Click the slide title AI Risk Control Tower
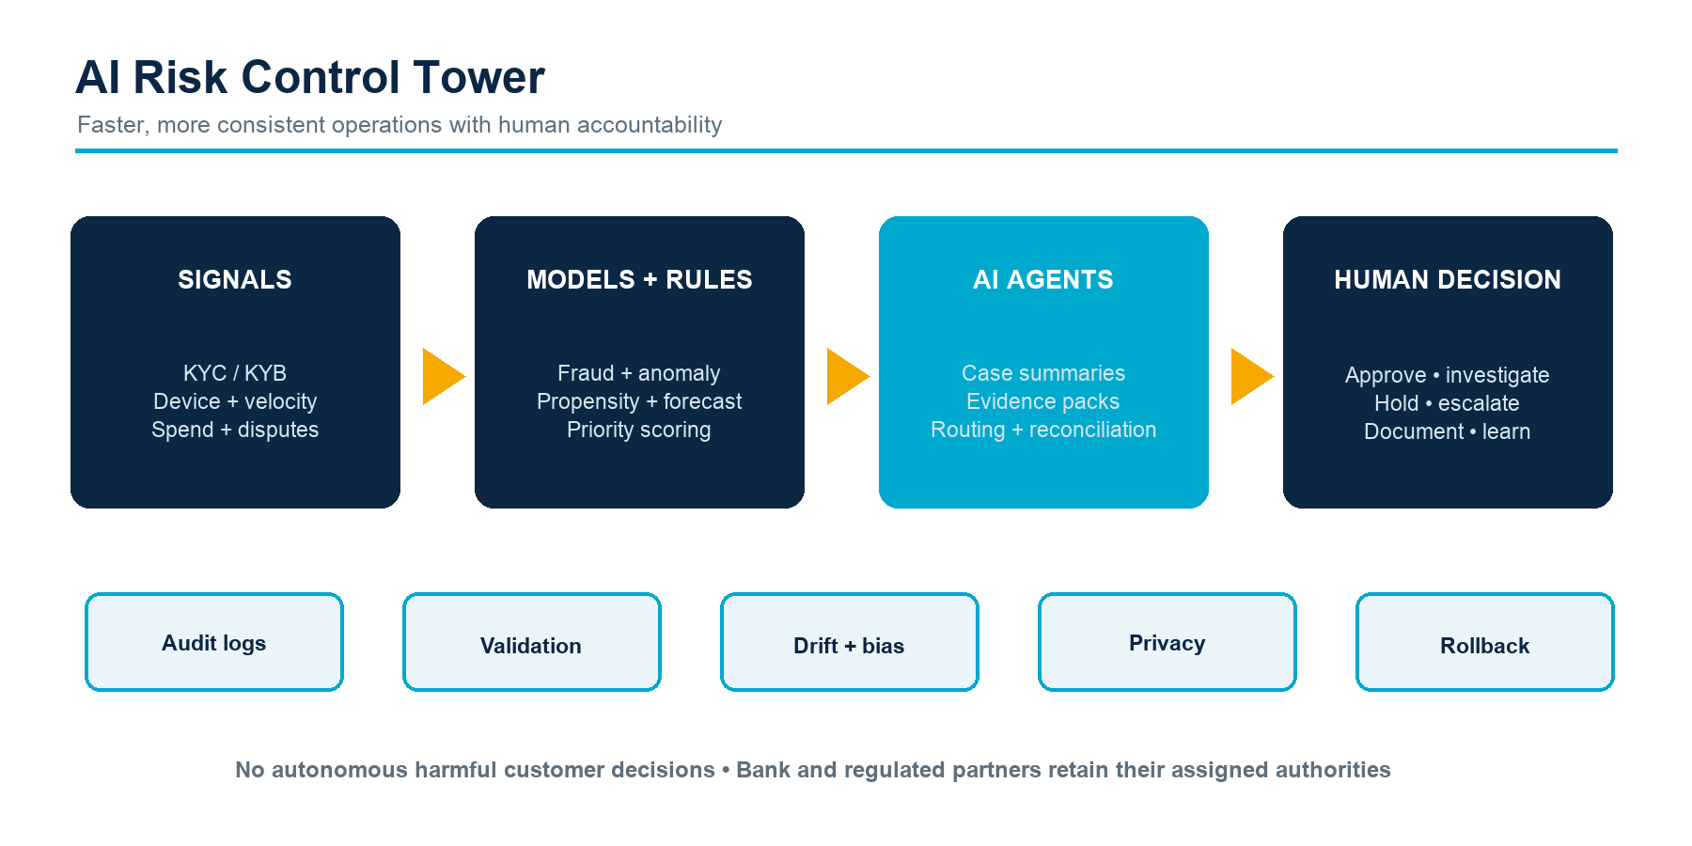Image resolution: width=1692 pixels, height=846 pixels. point(310,77)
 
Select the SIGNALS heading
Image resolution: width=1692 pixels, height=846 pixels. point(235,279)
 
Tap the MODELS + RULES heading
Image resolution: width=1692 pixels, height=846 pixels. point(639,279)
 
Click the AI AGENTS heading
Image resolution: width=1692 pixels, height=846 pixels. point(1043,279)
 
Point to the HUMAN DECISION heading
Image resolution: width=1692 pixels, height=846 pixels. point(1448,279)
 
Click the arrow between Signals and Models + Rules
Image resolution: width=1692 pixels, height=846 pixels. point(442,377)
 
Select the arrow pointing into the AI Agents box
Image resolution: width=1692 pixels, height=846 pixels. point(846,377)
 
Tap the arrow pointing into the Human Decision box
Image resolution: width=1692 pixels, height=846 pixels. point(1250,377)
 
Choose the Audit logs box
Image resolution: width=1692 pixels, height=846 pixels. point(214,642)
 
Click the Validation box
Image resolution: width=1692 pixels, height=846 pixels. point(532,642)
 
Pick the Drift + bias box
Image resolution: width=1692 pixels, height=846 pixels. point(850,642)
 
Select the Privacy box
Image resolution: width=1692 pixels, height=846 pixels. point(1167,642)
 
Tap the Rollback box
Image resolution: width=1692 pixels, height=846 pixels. point(1485,642)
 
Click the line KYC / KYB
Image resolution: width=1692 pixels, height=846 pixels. point(235,373)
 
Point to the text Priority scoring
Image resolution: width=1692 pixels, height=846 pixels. point(639,430)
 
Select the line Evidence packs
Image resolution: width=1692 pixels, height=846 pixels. point(1043,401)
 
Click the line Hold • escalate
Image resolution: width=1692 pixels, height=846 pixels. point(1448,403)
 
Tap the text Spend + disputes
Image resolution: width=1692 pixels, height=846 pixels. point(235,430)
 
